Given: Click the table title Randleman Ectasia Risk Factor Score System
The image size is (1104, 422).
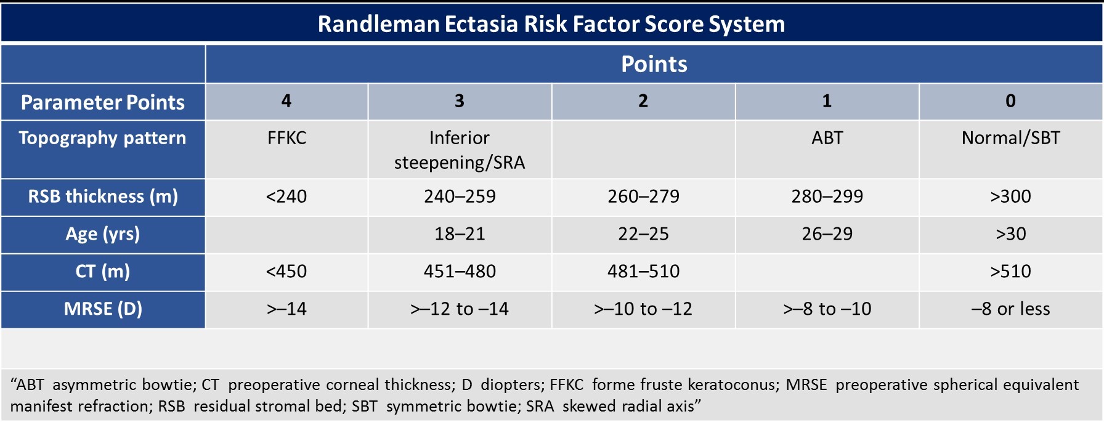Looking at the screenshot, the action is [551, 24].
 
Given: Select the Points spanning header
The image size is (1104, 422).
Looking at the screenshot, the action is [654, 64].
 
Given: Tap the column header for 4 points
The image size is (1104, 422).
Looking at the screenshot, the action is [286, 101].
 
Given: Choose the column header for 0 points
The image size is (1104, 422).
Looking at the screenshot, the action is [1010, 101].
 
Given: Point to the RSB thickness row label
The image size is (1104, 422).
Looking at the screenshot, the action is [103, 197].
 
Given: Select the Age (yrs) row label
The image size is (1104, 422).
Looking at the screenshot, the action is [103, 234].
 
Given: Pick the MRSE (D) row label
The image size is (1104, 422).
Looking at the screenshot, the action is [103, 309].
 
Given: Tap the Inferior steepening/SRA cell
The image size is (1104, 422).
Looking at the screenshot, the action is [460, 150].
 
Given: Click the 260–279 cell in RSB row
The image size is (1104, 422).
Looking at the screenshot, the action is [643, 197].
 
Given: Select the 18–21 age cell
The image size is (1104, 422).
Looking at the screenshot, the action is [460, 234].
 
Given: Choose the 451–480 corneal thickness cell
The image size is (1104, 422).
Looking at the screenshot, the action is [460, 272].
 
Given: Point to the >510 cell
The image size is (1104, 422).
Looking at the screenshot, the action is [1010, 272].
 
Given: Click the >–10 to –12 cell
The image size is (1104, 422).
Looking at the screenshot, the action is [643, 309].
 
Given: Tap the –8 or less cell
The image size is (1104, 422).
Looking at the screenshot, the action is [1011, 309].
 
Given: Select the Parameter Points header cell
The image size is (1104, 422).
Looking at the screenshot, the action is [103, 102].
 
